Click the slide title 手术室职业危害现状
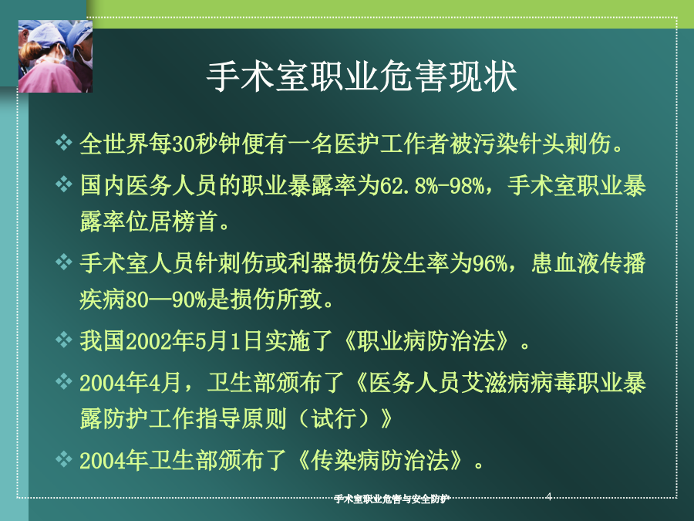click(x=362, y=76)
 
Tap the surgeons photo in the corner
click(x=56, y=56)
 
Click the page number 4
click(x=549, y=496)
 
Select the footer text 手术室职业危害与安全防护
click(x=392, y=499)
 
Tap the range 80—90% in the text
click(x=167, y=300)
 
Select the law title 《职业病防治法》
click(x=426, y=342)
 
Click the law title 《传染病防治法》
click(x=380, y=461)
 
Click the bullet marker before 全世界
click(x=64, y=143)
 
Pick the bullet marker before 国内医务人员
click(x=64, y=184)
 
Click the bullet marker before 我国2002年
click(x=64, y=340)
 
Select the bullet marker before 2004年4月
click(x=64, y=381)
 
